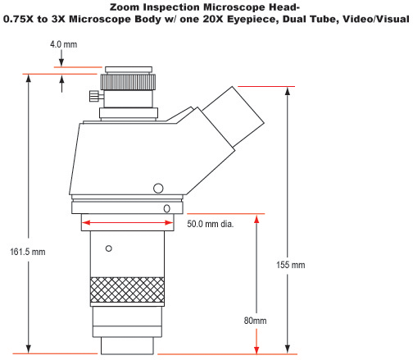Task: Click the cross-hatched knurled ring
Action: coord(127,289)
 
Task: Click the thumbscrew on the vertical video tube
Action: coord(95,98)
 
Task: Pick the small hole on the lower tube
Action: coord(110,248)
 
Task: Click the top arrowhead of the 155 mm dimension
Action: coord(288,91)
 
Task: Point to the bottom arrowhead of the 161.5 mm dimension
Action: coord(30,349)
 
